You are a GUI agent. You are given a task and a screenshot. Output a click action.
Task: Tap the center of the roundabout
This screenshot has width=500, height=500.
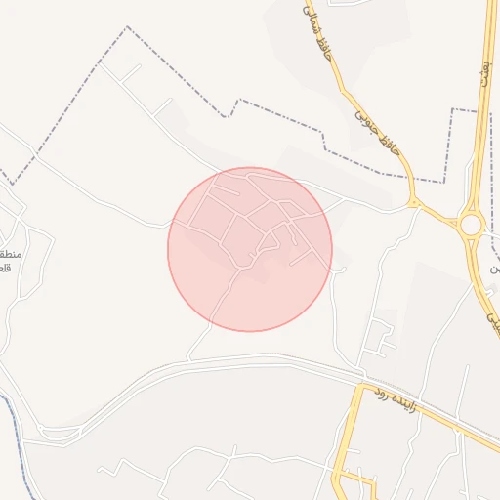[473, 226]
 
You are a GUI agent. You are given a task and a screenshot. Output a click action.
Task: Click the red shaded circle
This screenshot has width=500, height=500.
[250, 249]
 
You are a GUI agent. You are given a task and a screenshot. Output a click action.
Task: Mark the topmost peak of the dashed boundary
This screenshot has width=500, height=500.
[127, 27]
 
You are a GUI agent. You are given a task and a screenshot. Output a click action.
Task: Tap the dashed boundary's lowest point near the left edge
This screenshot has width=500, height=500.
[13, 184]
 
